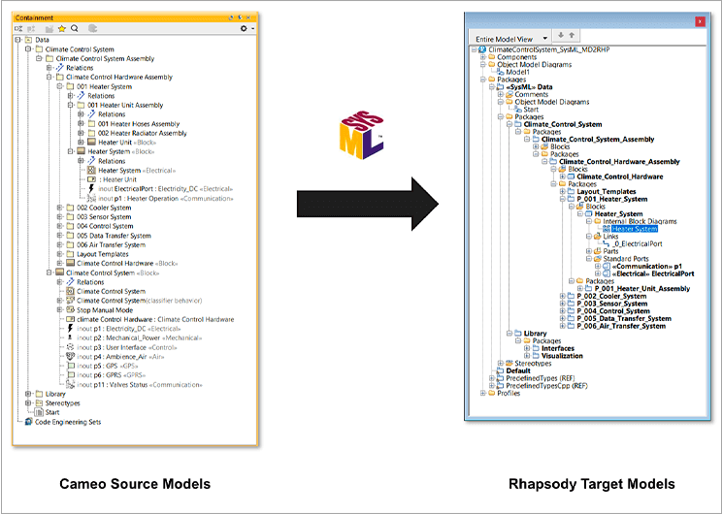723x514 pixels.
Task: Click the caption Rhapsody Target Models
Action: (592, 483)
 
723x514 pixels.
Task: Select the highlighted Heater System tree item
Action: (635, 229)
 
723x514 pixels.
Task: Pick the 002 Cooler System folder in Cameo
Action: (104, 208)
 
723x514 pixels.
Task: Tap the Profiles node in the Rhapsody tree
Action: (509, 393)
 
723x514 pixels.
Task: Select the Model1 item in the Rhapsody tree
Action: (517, 72)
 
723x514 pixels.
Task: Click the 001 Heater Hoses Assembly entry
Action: (139, 124)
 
